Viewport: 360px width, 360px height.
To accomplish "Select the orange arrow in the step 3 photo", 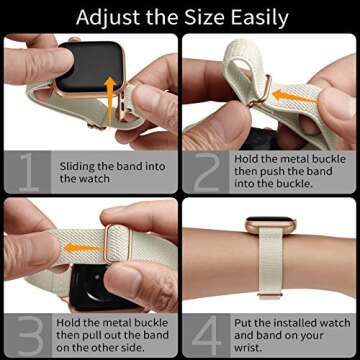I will [86, 244].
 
